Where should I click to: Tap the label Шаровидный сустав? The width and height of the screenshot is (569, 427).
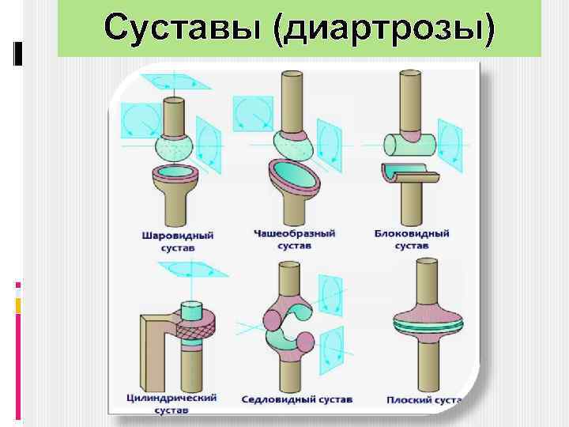point(177,241)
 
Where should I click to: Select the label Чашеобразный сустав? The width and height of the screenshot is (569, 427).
point(294,240)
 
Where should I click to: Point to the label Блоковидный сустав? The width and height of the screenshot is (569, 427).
point(411,240)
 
